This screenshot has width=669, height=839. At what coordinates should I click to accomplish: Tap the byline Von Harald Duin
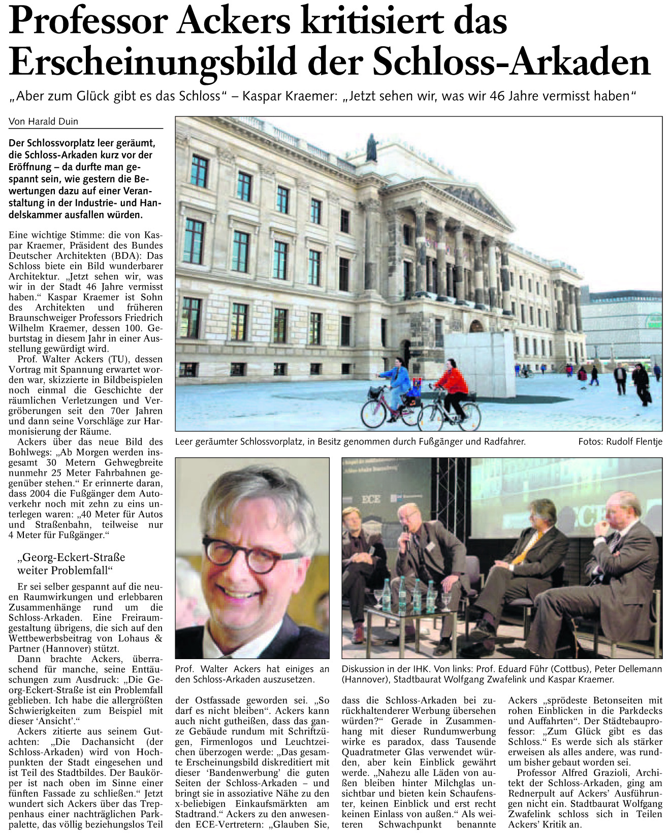click(44, 121)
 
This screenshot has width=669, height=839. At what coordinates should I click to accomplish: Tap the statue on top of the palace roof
click(372, 148)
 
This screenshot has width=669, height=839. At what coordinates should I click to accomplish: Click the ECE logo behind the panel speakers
click(370, 500)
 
